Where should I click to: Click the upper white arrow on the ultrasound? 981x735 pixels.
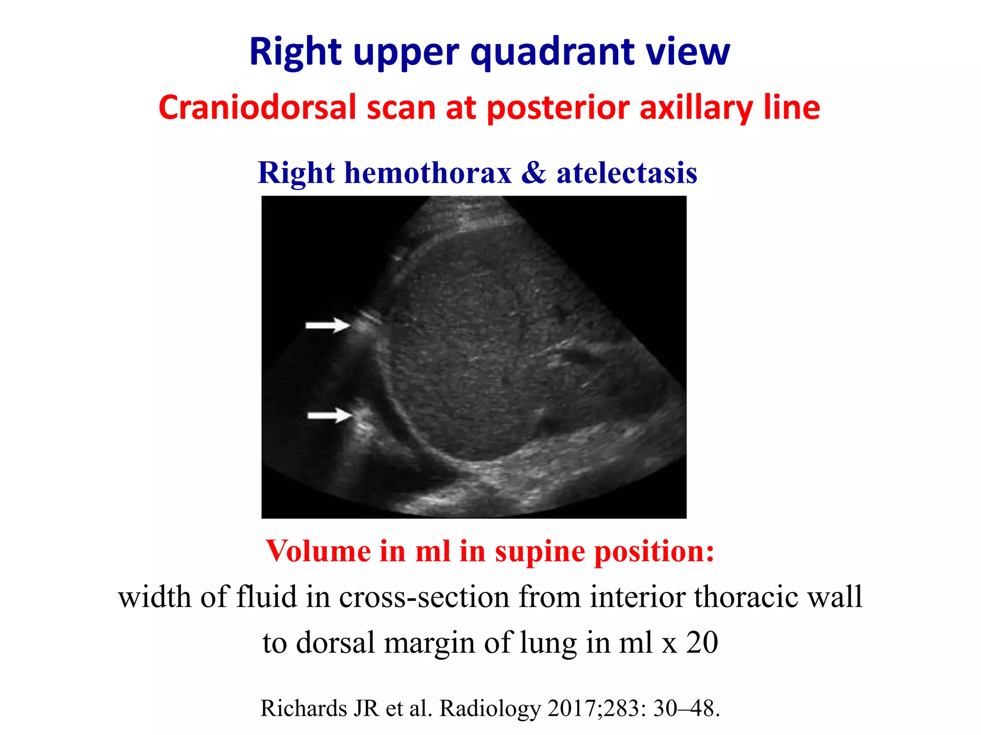[x=328, y=325]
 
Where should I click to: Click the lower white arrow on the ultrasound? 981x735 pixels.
[x=330, y=415]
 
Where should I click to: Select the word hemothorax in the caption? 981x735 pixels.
[x=428, y=173]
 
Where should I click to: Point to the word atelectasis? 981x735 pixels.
[x=627, y=173]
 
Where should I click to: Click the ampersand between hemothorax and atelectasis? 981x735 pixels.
[x=534, y=173]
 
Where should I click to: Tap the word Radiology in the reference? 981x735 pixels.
[x=490, y=709]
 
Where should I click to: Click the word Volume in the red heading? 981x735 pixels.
[x=318, y=551]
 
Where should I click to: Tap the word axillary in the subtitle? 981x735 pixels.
[x=696, y=108]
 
